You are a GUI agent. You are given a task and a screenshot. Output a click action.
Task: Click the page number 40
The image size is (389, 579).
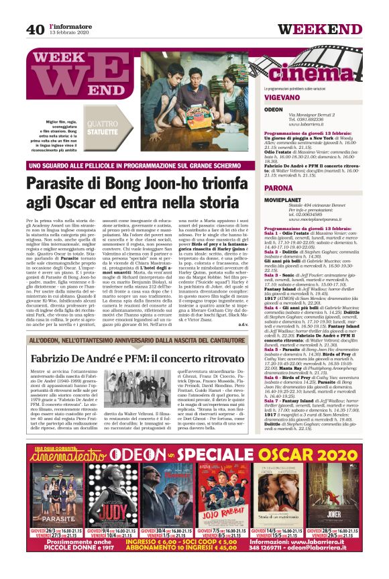point(35,29)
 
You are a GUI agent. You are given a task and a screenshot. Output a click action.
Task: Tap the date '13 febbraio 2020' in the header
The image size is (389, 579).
point(68,33)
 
